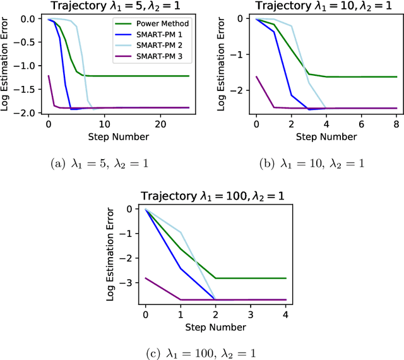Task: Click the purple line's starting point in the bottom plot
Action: pos(146,277)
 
